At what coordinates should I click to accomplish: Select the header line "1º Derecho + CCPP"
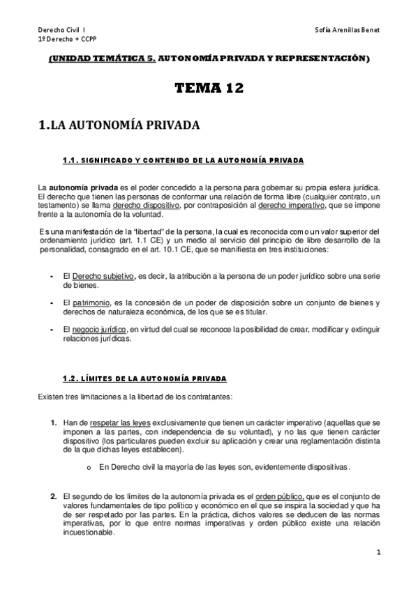click(x=61, y=41)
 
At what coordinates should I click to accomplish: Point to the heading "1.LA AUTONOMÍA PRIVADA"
click(x=119, y=125)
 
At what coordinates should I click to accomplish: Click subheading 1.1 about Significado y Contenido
click(x=183, y=161)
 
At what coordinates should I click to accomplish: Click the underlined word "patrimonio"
click(x=91, y=302)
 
